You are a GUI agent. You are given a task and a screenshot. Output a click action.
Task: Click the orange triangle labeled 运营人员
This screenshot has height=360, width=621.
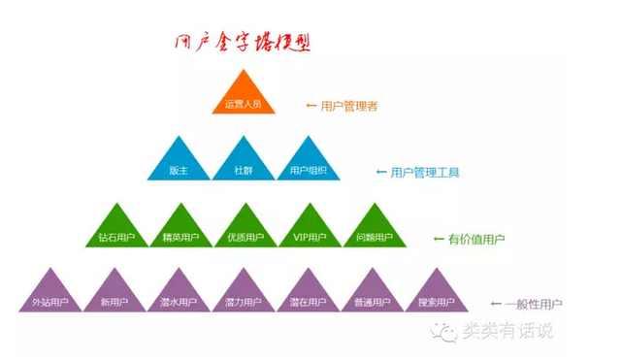[x=243, y=98]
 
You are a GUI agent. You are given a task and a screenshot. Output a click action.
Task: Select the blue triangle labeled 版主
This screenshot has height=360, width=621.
[x=178, y=163]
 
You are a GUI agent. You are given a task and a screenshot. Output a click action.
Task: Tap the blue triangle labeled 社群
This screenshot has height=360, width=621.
[x=243, y=163]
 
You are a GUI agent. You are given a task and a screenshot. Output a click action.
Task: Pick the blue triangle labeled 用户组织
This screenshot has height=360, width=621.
[x=308, y=163]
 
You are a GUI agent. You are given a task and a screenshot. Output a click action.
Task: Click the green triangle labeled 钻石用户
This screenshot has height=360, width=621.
[x=116, y=230]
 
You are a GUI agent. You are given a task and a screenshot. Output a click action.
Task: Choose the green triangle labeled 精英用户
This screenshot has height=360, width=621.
[x=181, y=230]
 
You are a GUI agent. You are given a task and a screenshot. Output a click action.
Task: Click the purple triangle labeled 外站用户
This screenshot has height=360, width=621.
[x=49, y=295]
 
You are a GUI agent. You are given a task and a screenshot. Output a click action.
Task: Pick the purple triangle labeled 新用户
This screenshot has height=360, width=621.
[x=114, y=295]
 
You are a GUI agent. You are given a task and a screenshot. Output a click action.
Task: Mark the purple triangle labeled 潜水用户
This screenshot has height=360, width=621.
[x=178, y=295]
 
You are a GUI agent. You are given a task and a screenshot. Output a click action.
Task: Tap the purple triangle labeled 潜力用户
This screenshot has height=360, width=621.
[x=243, y=295]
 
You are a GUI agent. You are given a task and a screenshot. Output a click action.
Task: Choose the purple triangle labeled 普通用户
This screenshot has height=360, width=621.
[x=372, y=295]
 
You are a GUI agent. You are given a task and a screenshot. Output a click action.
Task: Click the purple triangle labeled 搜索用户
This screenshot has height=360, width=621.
[x=436, y=295]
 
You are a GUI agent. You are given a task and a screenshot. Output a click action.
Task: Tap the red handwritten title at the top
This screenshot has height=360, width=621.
[x=243, y=43]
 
